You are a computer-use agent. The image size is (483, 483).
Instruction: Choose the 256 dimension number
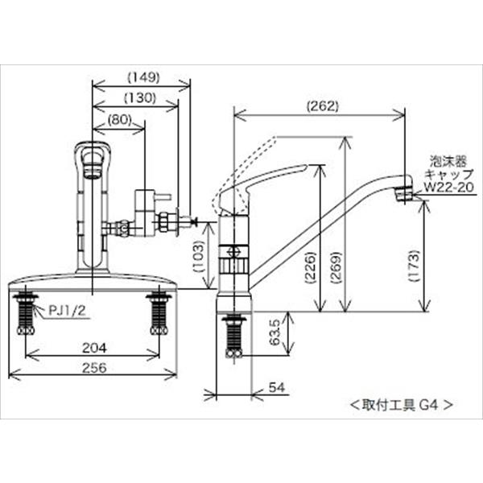(x=93, y=367)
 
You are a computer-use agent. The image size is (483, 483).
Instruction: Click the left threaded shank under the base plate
(x=26, y=313)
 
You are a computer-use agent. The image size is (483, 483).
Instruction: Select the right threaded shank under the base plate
(x=159, y=313)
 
